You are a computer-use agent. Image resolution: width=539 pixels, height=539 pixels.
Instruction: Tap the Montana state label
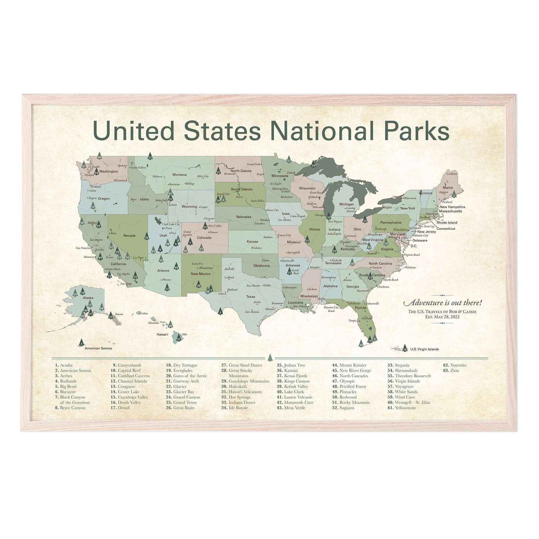[x=179, y=175]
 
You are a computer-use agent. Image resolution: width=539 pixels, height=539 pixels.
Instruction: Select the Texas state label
[x=250, y=296]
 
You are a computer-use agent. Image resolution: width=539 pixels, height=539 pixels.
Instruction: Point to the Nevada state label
[x=129, y=235]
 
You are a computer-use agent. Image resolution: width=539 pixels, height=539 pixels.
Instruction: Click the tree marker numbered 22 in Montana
[x=150, y=156]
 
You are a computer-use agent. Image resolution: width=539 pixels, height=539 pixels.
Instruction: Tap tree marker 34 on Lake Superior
[x=313, y=164]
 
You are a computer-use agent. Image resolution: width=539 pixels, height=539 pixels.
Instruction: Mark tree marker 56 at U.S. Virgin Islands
[x=405, y=348]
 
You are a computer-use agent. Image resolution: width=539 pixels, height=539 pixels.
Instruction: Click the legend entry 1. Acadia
[x=64, y=365]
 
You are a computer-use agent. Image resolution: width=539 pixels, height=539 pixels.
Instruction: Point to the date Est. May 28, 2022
[x=442, y=317]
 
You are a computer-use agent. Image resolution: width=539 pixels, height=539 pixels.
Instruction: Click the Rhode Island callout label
[x=447, y=223]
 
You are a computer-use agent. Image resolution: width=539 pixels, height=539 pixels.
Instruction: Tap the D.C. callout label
[x=414, y=246]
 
